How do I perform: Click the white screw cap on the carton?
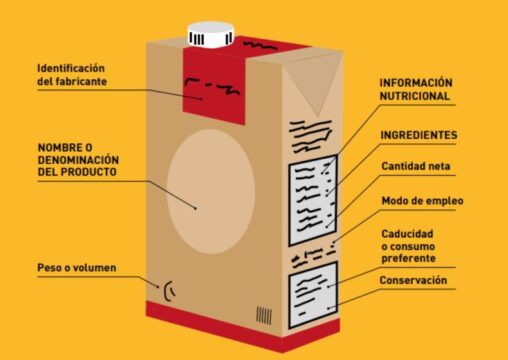pyautogui.click(x=212, y=33)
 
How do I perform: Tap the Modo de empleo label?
pyautogui.click(x=421, y=200)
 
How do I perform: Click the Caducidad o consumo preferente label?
pyautogui.click(x=421, y=247)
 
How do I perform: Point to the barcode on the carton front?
pyautogui.click(x=264, y=314)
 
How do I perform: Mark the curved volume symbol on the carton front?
pyautogui.click(x=170, y=292)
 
